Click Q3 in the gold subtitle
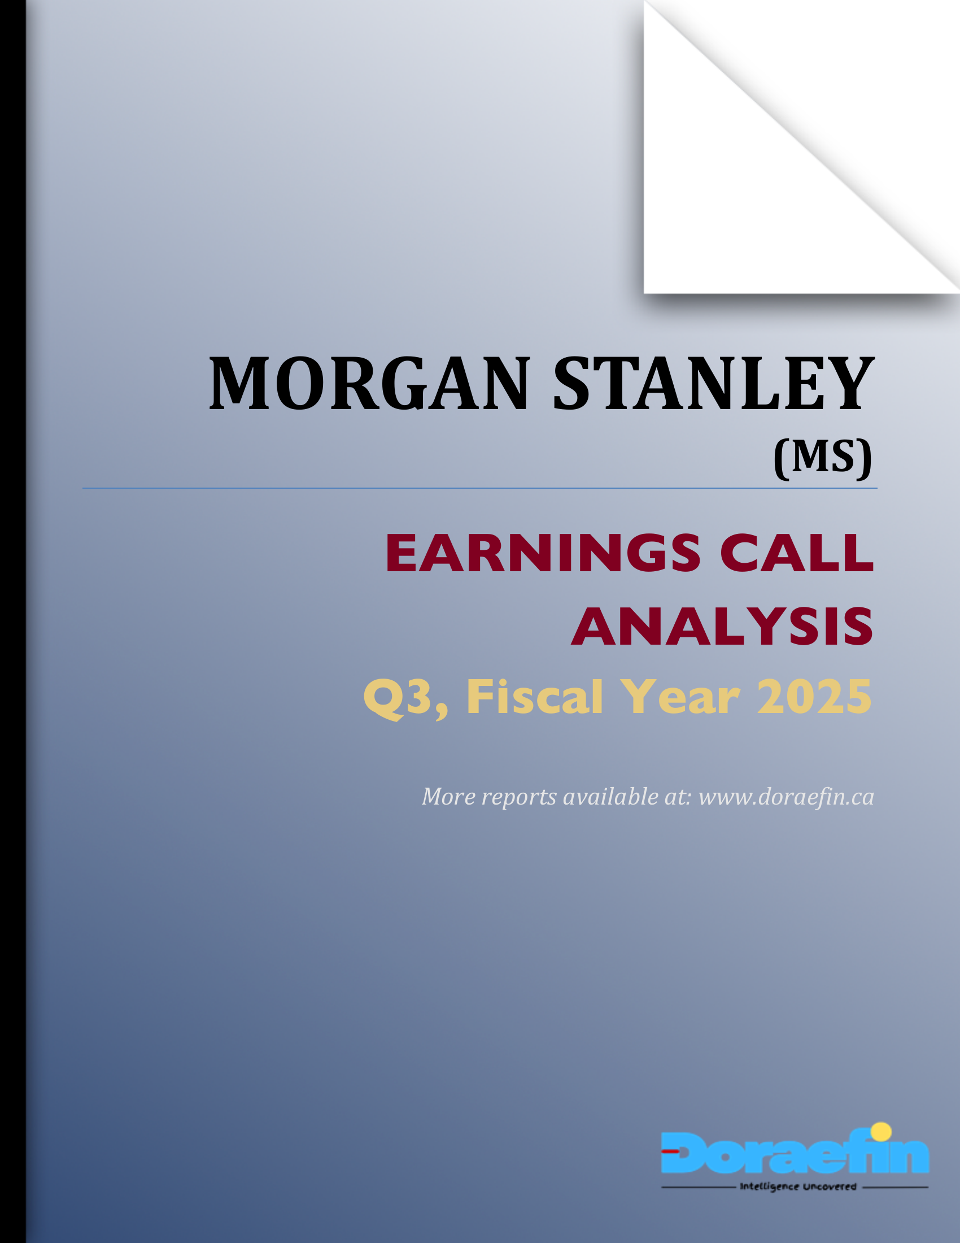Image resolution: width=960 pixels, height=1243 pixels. click(x=404, y=698)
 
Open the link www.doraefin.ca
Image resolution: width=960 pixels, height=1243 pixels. click(x=786, y=797)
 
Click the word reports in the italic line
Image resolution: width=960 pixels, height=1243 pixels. click(x=518, y=797)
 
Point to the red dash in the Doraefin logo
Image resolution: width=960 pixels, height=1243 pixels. click(x=670, y=1151)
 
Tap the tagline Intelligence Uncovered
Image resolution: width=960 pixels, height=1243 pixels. click(x=798, y=1186)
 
